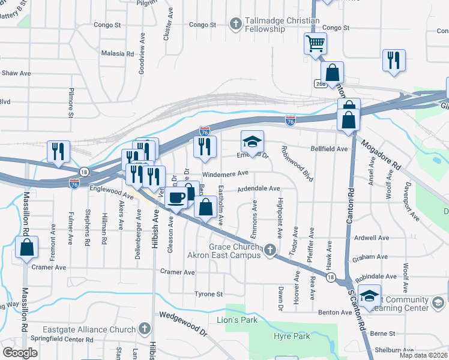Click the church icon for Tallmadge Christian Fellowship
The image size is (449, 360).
[236, 25]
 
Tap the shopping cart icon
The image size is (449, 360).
[315, 43]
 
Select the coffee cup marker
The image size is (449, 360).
[176, 198]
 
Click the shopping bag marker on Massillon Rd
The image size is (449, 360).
[26, 247]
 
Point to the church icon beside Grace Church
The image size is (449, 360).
[270, 249]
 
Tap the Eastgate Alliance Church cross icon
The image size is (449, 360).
[144, 329]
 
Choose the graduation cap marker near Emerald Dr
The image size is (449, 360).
[253, 142]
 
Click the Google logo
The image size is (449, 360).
[20, 353]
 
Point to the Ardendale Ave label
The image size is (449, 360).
[259, 188]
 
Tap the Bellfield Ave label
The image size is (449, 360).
[329, 149]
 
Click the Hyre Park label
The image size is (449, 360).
[292, 336]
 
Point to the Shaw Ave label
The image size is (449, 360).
[16, 73]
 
